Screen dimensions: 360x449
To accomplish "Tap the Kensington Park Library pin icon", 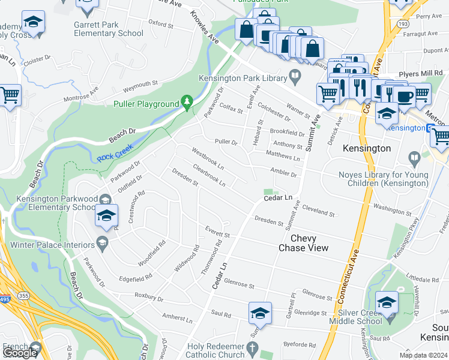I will click(295, 77).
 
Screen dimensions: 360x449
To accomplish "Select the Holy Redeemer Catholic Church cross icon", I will click(253, 348).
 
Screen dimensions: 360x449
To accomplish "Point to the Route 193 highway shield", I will click(402, 23).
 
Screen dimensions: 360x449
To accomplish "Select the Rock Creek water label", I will click(113, 157).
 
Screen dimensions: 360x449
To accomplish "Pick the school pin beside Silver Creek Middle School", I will click(387, 302).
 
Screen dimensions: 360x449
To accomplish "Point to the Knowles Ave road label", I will click(205, 27).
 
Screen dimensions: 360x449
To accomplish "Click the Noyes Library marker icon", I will click(414, 158).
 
